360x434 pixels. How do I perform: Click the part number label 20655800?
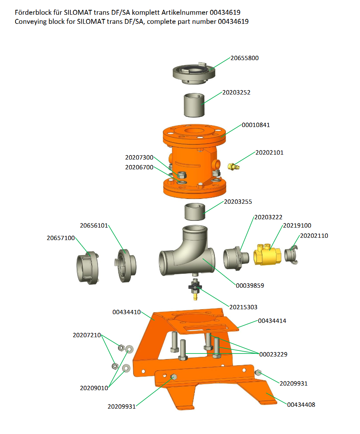(x=245, y=58)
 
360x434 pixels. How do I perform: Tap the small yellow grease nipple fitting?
(x=233, y=167)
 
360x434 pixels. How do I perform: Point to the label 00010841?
(x=256, y=125)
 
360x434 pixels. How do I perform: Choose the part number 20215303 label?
(x=244, y=307)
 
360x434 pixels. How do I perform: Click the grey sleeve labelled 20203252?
(x=194, y=105)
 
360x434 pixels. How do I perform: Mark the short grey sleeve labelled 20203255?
(x=195, y=212)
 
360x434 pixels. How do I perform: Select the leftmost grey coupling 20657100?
(x=87, y=268)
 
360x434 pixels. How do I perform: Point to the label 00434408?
(x=301, y=405)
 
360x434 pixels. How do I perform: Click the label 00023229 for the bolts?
(x=273, y=354)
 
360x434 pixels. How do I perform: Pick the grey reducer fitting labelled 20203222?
(x=236, y=258)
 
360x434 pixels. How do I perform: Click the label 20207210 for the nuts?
(x=87, y=335)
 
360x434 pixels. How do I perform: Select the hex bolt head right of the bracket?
(x=258, y=372)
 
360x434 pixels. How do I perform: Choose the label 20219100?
(x=297, y=226)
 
